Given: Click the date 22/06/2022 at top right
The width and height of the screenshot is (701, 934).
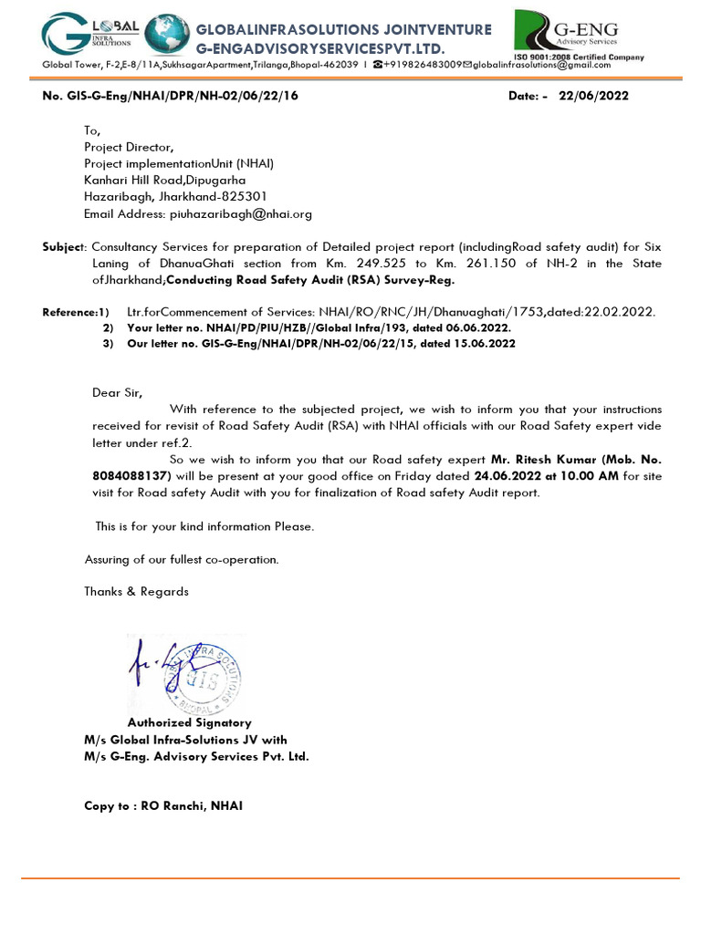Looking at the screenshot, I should [593, 96].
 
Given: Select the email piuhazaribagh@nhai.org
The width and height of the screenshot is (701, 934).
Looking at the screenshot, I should [240, 214].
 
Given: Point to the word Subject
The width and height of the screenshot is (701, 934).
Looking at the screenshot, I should [63, 247].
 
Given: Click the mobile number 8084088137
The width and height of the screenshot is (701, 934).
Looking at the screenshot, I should [130, 476].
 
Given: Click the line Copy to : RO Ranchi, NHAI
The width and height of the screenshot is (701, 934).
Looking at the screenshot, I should [163, 806].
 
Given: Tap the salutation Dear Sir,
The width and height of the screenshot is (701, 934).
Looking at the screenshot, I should [118, 392].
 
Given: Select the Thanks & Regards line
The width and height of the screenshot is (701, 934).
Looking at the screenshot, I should [136, 591].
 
